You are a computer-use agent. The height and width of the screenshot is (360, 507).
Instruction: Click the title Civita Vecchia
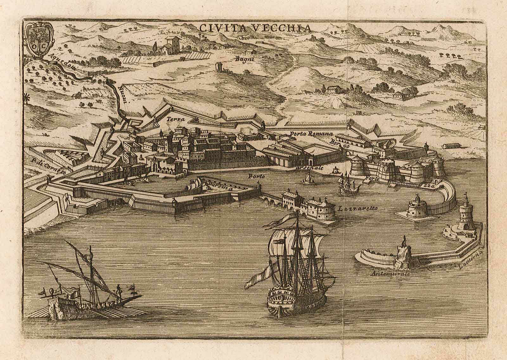[x=255, y=28]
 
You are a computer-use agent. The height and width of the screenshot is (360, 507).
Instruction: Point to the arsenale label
[x=311, y=168]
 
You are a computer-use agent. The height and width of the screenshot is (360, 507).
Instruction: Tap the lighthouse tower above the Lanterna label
[x=464, y=214]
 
